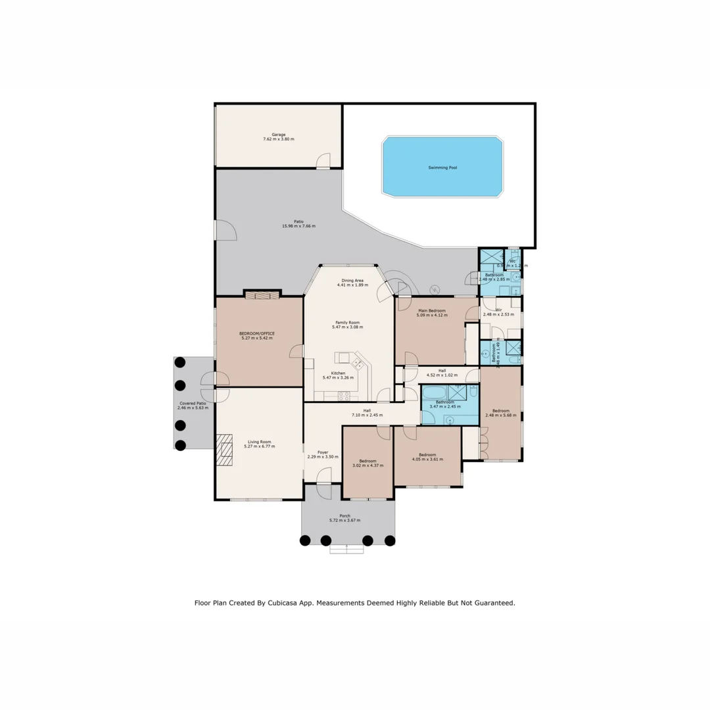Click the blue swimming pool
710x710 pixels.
(x=442, y=167)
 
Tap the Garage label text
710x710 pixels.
(x=279, y=134)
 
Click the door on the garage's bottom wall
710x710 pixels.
(x=323, y=161)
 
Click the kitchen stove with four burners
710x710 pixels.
(x=344, y=395)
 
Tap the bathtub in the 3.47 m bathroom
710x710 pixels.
(x=434, y=393)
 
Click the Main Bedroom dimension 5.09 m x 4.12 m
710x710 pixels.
(x=432, y=316)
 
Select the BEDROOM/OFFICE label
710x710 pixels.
(x=257, y=333)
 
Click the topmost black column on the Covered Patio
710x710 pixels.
(x=180, y=362)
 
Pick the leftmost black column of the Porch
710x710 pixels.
(x=305, y=540)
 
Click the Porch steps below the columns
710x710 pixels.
(x=346, y=549)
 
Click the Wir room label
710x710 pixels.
(x=498, y=309)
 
